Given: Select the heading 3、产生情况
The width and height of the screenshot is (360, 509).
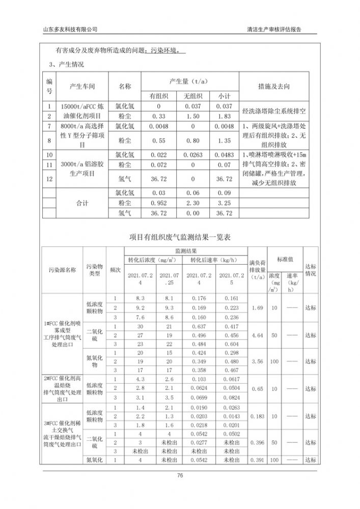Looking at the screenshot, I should coord(66,65).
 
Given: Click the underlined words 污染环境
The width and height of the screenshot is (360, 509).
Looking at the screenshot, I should coord(165,51).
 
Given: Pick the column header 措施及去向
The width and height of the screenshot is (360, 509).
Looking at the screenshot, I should coord(274,87).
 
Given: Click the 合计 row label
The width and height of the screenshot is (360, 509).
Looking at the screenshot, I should coord(82,203).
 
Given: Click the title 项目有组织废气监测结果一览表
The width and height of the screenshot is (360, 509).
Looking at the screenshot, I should coord(180,237).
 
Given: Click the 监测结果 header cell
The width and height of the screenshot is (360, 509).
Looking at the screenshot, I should coord(185,251).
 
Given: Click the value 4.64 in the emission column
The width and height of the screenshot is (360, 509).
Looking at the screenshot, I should coord(257,335).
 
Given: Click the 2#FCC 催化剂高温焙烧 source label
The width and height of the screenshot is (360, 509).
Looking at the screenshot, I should coord(62,389).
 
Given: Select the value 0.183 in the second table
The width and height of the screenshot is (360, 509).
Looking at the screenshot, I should coord(257,416).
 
